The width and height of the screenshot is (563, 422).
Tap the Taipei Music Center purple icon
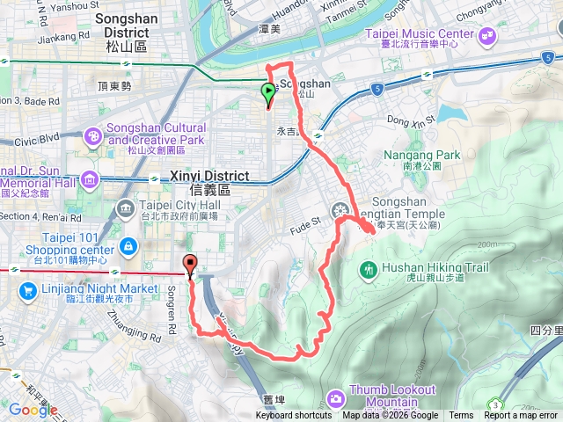click(486, 36)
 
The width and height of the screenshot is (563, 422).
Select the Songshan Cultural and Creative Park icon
click(92, 138)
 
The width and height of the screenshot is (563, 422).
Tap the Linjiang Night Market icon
click(27, 287)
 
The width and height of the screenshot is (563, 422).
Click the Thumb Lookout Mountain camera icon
click(335, 397)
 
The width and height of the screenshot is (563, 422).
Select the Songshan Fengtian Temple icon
click(340, 210)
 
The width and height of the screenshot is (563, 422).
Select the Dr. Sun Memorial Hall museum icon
click(88, 180)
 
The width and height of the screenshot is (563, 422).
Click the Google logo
click(33, 410)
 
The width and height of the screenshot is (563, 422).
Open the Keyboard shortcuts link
click(302, 416)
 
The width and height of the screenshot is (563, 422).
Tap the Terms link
click(461, 416)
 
